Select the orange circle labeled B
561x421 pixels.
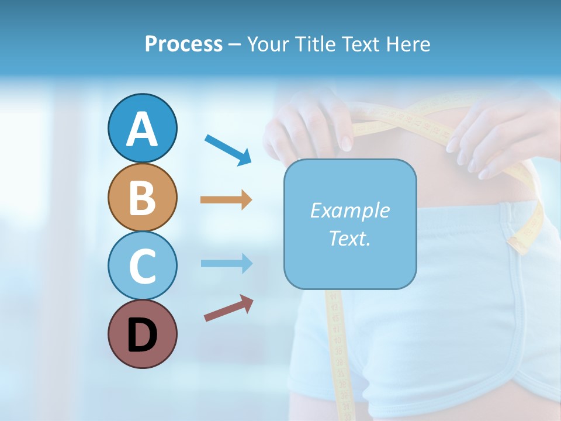(x=142, y=198)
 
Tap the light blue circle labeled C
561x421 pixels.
(x=142, y=265)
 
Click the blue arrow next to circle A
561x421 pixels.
(x=228, y=150)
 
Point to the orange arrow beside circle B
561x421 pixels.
(x=226, y=200)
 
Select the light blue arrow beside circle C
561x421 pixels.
(x=226, y=263)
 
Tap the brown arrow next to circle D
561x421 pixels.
(x=228, y=308)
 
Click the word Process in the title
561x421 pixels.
(x=183, y=44)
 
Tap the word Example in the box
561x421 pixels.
(x=349, y=210)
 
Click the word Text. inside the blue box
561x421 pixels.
(x=349, y=238)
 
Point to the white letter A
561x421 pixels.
(x=142, y=129)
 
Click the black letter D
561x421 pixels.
(x=142, y=336)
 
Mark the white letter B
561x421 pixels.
(x=142, y=198)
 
